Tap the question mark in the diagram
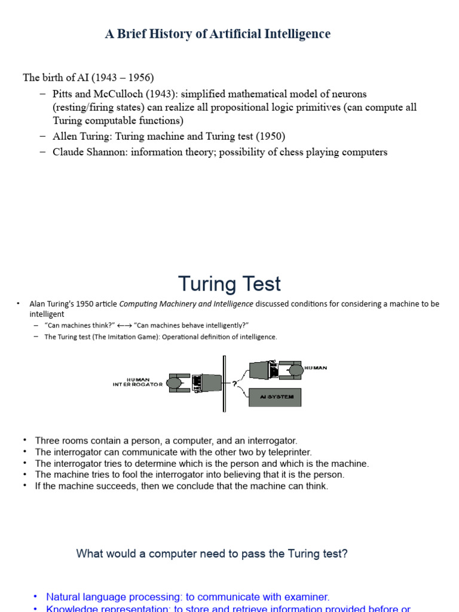(x=234, y=384)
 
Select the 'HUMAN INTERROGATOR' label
(x=137, y=382)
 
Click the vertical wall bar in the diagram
(x=224, y=383)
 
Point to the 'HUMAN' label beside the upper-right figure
(x=316, y=368)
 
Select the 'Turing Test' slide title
(x=229, y=284)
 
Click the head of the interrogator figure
(x=175, y=382)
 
